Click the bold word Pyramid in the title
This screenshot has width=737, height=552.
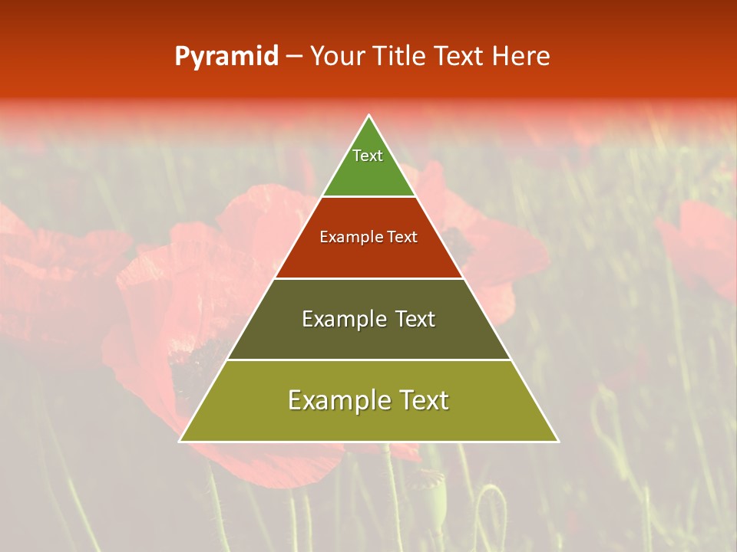(226, 56)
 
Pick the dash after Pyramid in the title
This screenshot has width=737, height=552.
(293, 57)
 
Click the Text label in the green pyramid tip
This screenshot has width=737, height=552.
(368, 156)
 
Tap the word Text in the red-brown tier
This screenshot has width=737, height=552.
(402, 237)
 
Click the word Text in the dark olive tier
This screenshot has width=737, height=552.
(415, 319)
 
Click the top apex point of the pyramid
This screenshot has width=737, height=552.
(369, 116)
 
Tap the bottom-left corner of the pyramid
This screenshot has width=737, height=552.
(180, 441)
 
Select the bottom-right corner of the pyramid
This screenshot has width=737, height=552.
(558, 441)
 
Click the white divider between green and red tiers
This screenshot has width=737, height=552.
(369, 197)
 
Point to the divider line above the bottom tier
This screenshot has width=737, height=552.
(369, 360)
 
